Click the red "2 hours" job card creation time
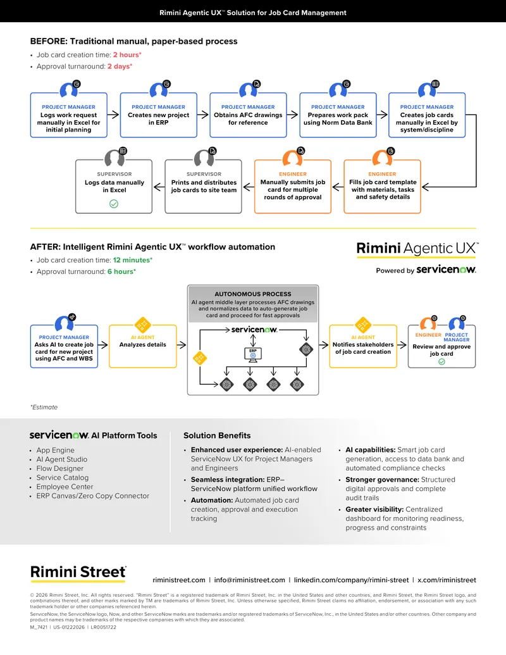pyautogui.click(x=126, y=54)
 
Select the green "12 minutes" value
pyautogui.click(x=132, y=260)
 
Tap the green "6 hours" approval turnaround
pyautogui.click(x=120, y=271)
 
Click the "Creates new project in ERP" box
pyautogui.click(x=159, y=115)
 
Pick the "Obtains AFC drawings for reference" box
pyautogui.click(x=248, y=115)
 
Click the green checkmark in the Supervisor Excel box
pyautogui.click(x=114, y=204)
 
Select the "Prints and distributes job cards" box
pyautogui.click(x=203, y=186)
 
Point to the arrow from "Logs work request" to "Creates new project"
pyautogui.click(x=113, y=115)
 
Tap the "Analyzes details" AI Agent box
pyautogui.click(x=143, y=346)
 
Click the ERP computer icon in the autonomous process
pyautogui.click(x=253, y=354)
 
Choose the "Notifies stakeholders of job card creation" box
pyautogui.click(x=363, y=346)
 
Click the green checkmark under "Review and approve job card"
pyautogui.click(x=441, y=362)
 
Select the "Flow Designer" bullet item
pyautogui.click(x=59, y=468)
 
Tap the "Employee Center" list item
pyautogui.click(x=65, y=487)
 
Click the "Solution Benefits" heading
pyautogui.click(x=217, y=435)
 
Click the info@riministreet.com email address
pyautogui.click(x=250, y=580)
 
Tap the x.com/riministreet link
pyautogui.click(x=447, y=580)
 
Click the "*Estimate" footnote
pyautogui.click(x=44, y=408)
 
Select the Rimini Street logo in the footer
pyautogui.click(x=78, y=573)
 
